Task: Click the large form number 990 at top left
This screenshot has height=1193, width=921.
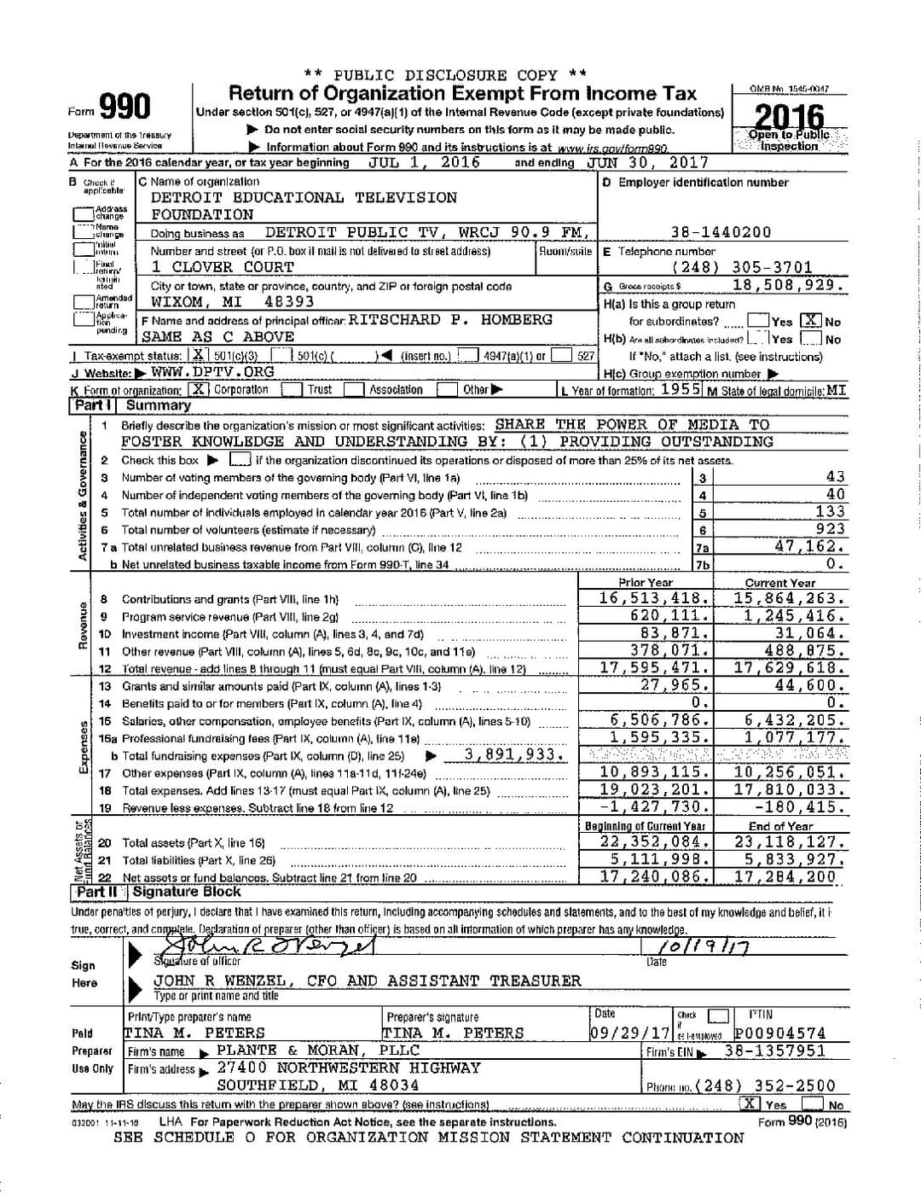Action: [125, 108]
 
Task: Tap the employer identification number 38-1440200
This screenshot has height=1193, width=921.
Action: [721, 232]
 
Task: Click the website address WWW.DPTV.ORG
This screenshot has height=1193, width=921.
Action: [212, 372]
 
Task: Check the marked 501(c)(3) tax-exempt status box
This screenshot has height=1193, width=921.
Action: [199, 356]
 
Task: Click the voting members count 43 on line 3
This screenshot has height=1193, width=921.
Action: [835, 477]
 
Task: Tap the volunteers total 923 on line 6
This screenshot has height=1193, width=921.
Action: [830, 529]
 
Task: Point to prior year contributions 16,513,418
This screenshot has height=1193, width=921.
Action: [654, 598]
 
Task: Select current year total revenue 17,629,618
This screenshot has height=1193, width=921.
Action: [790, 668]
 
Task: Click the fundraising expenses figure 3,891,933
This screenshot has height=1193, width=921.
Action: [514, 755]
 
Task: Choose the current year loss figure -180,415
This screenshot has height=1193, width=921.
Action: [799, 806]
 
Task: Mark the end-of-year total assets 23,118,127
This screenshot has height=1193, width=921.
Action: [790, 841]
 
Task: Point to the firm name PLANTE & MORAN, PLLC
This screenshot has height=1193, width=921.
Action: [318, 1050]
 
